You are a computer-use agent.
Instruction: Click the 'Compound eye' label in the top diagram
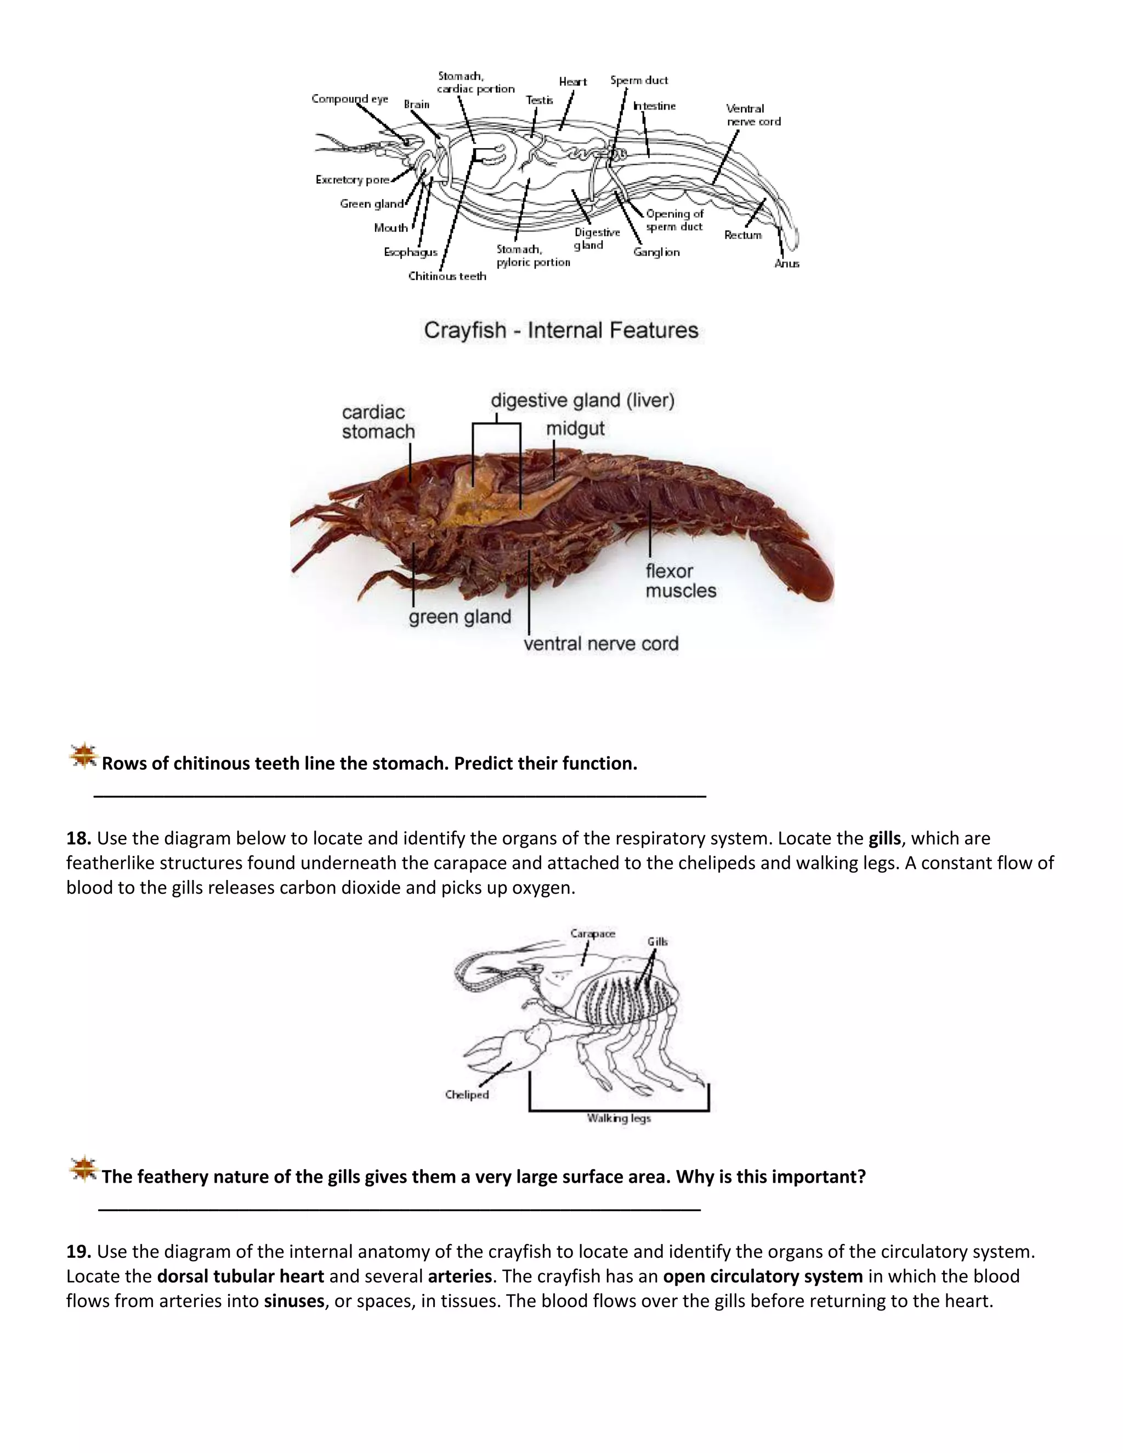(x=350, y=99)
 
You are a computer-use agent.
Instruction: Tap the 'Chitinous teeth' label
(x=447, y=276)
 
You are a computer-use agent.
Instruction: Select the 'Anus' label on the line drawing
(x=786, y=263)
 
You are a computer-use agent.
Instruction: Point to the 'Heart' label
(x=573, y=82)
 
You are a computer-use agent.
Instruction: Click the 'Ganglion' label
(x=656, y=252)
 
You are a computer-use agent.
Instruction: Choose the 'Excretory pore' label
(x=353, y=180)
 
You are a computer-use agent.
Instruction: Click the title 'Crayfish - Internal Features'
(x=561, y=330)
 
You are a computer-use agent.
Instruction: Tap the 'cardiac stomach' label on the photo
(x=378, y=422)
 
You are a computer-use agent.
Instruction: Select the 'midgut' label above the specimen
(x=575, y=428)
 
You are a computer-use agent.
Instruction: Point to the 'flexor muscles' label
(x=680, y=581)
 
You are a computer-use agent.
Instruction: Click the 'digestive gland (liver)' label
(x=583, y=400)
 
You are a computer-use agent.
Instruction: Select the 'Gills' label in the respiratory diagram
(x=657, y=941)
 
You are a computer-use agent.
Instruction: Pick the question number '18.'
(x=78, y=838)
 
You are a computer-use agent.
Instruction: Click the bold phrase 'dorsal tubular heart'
(x=240, y=1276)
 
